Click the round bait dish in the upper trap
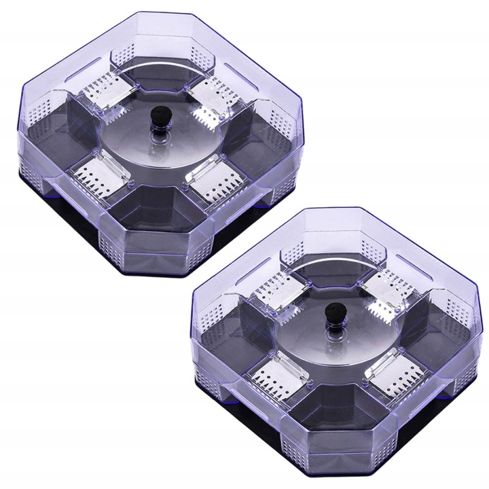(156, 146)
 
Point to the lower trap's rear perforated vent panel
(297, 251)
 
